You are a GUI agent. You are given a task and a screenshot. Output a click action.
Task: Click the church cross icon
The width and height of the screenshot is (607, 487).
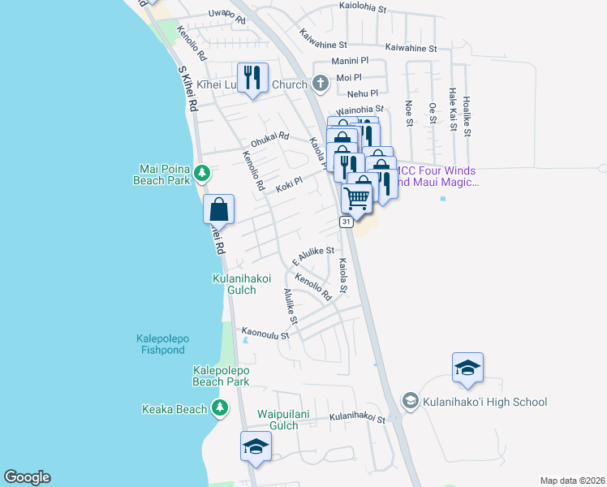(320, 83)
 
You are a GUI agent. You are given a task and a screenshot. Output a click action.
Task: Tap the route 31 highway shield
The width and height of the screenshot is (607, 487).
(347, 222)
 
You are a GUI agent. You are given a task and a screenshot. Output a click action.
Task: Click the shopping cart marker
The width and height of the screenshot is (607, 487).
(357, 197)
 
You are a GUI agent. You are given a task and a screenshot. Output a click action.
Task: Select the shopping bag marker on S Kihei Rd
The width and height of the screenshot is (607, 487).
(219, 209)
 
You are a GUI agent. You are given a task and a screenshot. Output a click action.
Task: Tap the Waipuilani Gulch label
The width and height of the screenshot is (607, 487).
(284, 419)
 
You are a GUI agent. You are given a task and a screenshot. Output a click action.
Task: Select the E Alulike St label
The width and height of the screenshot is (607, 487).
(313, 254)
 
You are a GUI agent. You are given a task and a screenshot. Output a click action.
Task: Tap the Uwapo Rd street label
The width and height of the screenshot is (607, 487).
(226, 14)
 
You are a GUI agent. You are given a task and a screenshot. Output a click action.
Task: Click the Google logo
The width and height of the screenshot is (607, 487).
(27, 477)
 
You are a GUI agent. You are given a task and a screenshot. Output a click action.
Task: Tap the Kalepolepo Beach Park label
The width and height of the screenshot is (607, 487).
(221, 375)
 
